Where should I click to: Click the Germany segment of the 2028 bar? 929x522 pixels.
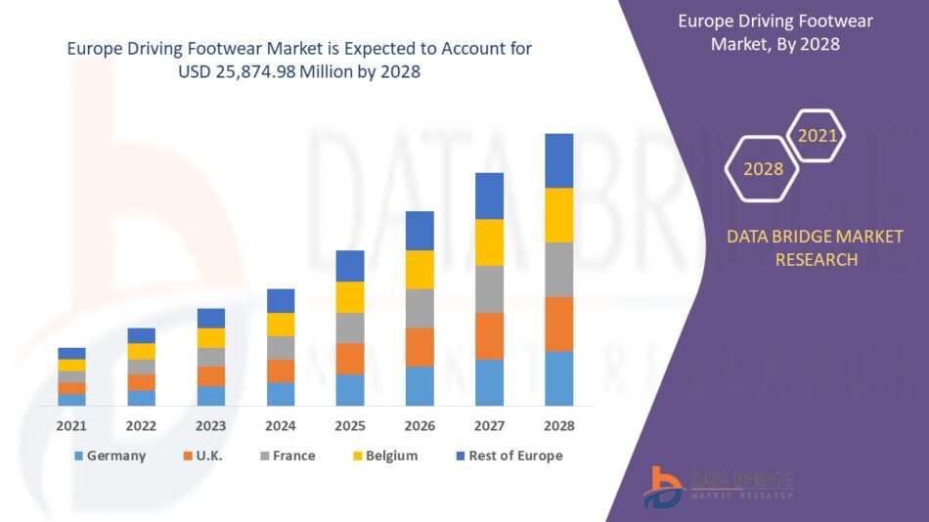click(x=558, y=378)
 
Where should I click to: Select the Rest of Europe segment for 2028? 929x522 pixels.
click(x=558, y=160)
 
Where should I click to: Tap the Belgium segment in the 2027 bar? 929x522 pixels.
click(x=489, y=242)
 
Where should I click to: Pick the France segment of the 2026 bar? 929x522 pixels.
click(x=420, y=308)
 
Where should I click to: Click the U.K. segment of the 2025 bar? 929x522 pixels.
click(x=350, y=359)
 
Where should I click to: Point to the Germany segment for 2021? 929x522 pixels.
click(x=71, y=400)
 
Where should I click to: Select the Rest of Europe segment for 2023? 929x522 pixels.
click(x=210, y=318)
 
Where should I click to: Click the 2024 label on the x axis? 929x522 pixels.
click(x=280, y=426)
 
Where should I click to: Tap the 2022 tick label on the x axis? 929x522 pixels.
click(x=141, y=426)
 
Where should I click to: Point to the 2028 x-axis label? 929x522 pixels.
click(x=558, y=426)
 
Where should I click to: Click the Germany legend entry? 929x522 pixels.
click(x=110, y=456)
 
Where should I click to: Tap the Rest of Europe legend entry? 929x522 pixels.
click(x=507, y=456)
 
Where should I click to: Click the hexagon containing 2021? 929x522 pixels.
click(x=818, y=136)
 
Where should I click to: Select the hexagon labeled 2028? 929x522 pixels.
click(x=763, y=169)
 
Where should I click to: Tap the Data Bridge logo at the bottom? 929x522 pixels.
click(x=718, y=486)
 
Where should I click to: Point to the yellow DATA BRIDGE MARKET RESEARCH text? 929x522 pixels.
click(x=816, y=248)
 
